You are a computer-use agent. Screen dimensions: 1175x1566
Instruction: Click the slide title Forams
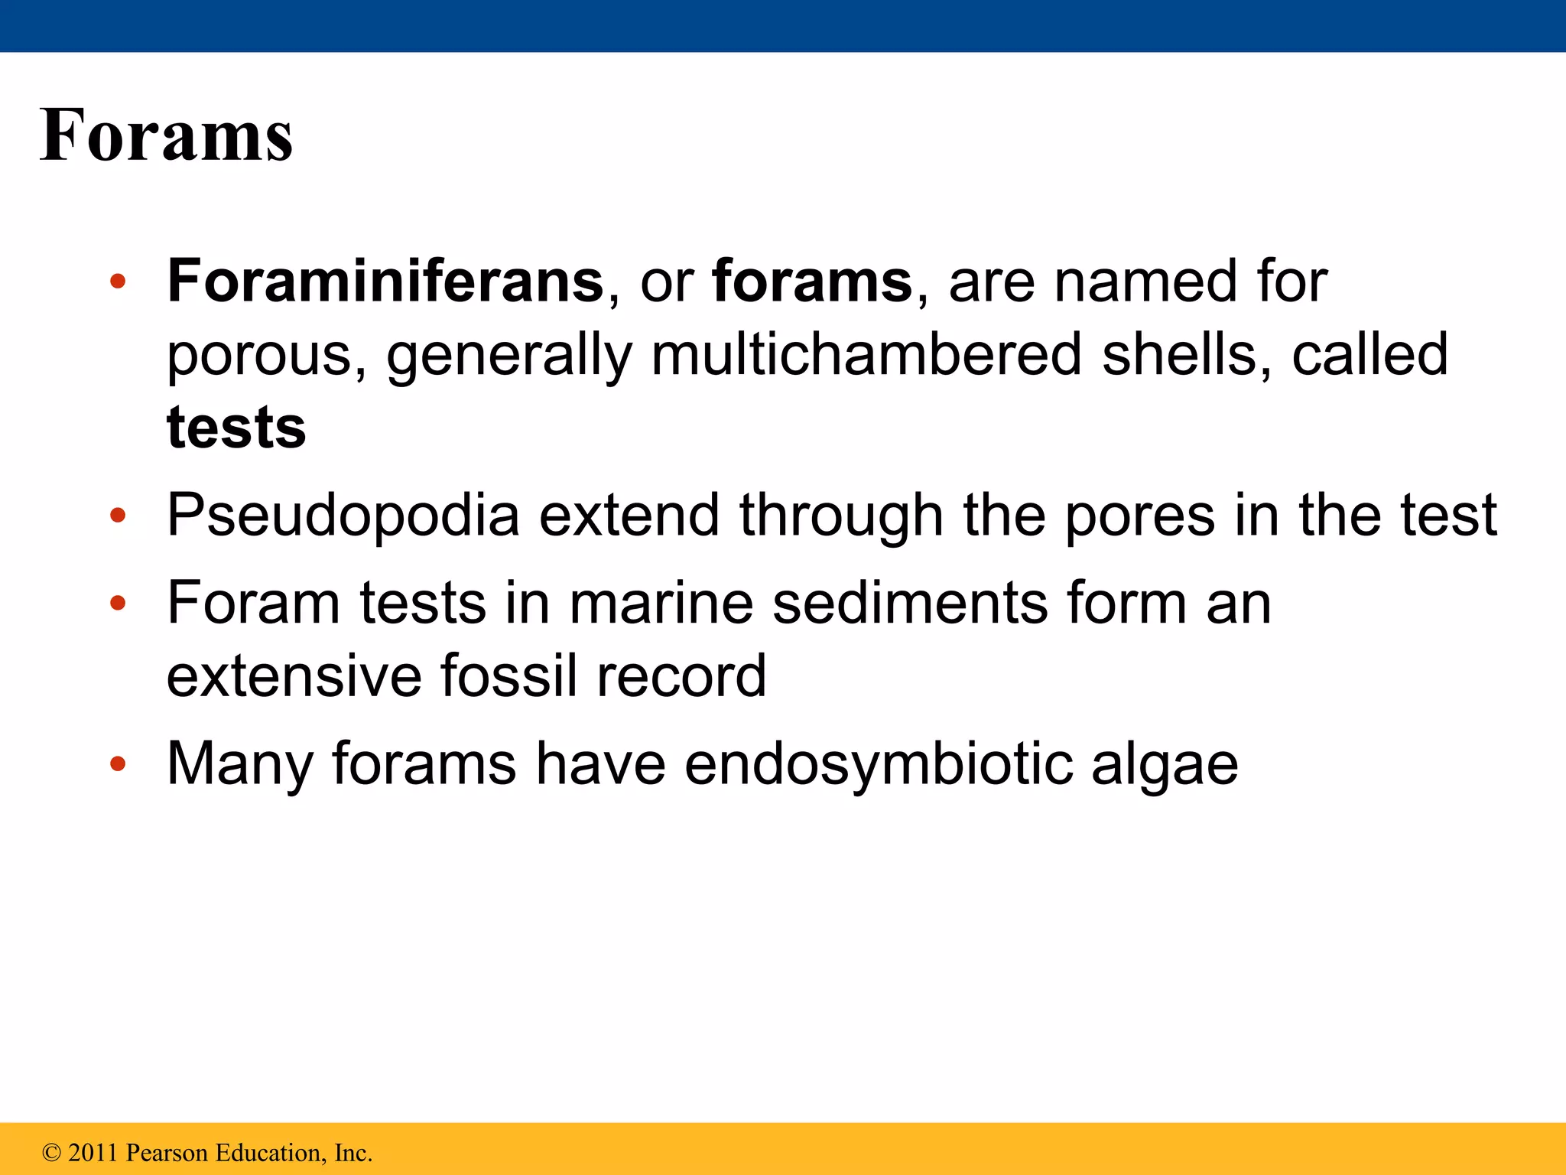tap(166, 135)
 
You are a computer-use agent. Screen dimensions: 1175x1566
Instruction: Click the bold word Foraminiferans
tap(385, 281)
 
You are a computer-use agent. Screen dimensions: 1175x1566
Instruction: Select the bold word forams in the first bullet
tap(812, 281)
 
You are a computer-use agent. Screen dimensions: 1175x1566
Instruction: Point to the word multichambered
tap(866, 354)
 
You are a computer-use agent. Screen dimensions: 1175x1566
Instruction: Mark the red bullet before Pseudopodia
tap(117, 516)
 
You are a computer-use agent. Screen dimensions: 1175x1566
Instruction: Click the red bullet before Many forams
tap(117, 763)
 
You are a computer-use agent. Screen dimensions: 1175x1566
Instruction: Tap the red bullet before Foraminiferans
tap(117, 282)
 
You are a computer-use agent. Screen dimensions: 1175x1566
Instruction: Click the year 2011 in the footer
tap(93, 1153)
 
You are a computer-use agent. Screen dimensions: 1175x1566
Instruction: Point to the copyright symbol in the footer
tap(51, 1153)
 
